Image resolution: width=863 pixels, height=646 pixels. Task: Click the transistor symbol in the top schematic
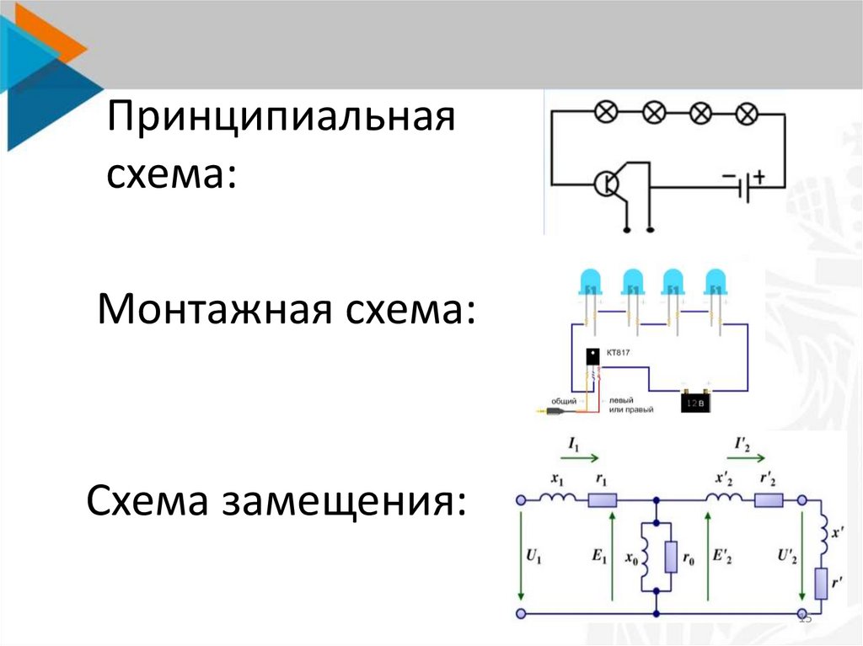point(607,183)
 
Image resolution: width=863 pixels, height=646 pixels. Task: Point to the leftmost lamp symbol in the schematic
point(606,111)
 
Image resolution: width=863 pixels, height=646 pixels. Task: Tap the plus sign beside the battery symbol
point(759,177)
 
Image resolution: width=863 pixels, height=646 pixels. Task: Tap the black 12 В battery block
point(696,403)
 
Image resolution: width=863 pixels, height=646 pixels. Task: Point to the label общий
point(564,401)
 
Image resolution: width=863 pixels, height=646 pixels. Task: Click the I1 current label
point(573,441)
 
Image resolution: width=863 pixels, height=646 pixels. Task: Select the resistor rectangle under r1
point(602,499)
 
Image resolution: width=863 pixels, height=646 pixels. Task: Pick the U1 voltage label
point(533,555)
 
